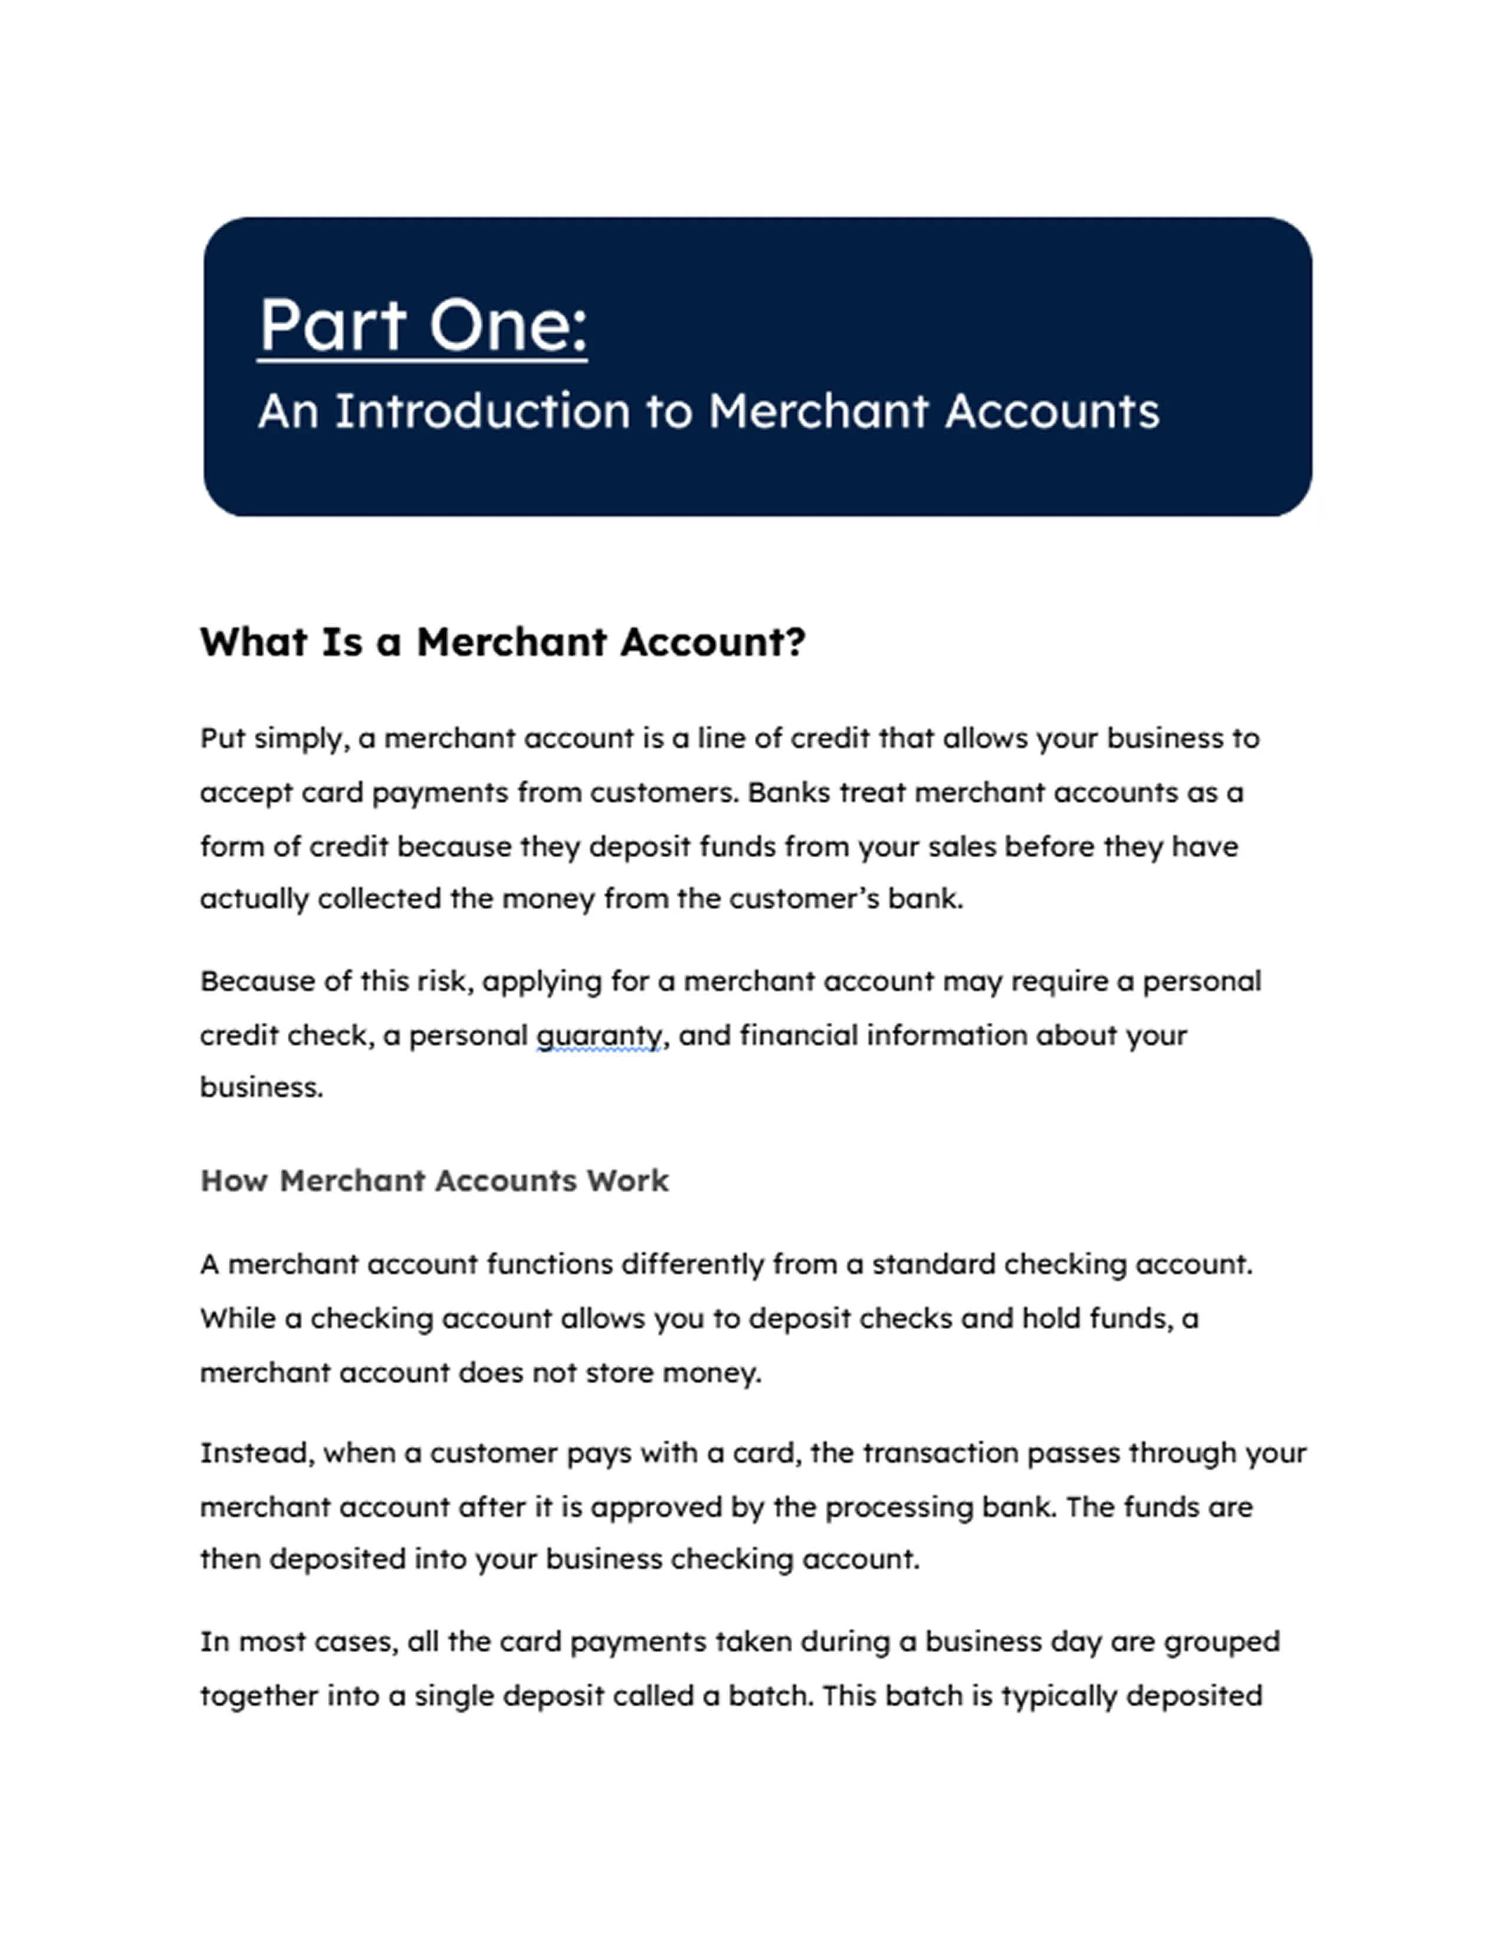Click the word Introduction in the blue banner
482,412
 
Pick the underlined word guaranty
599,1036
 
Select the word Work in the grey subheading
628,1181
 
